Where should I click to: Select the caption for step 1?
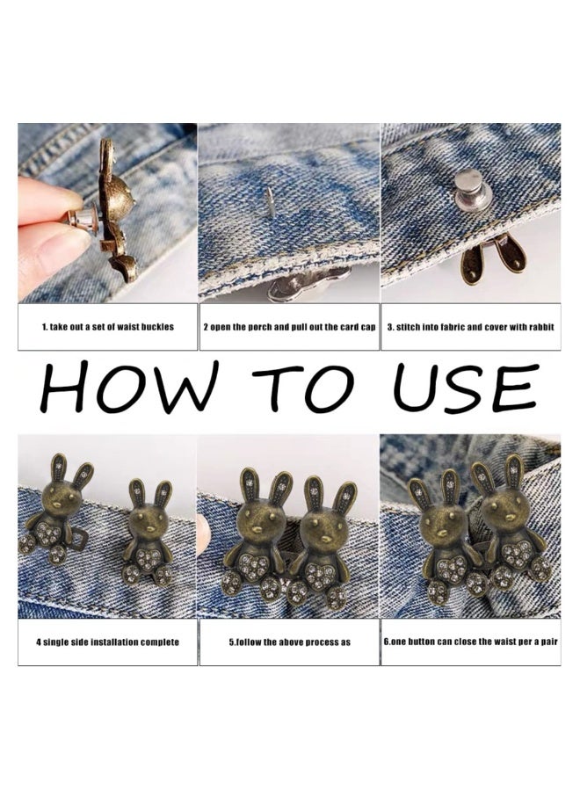point(107,326)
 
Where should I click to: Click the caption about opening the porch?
point(289,326)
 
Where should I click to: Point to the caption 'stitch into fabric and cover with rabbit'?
point(470,326)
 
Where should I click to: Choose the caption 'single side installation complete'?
point(107,642)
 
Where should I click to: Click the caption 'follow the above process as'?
point(289,642)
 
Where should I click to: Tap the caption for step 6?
point(470,642)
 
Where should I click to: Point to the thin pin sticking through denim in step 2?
point(270,201)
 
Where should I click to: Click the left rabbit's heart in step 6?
point(453,569)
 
